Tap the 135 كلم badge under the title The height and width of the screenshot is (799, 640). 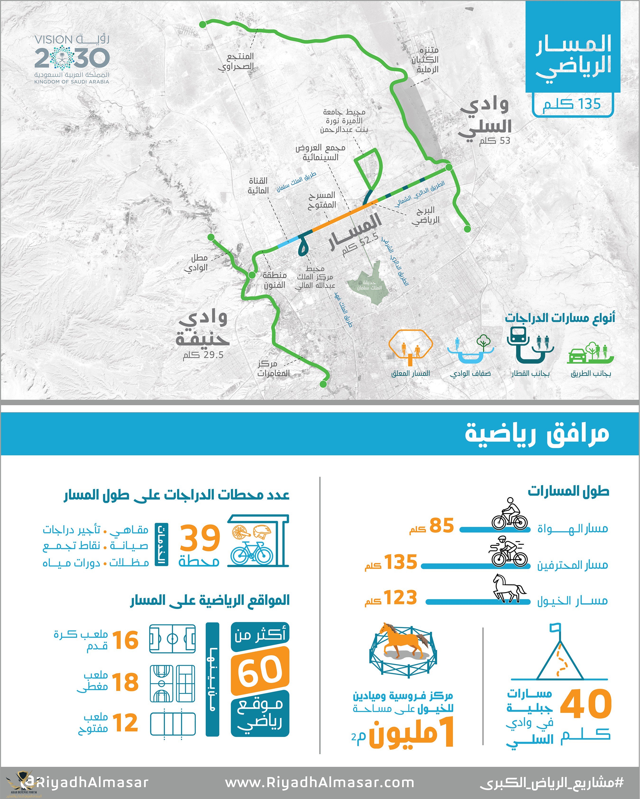572,105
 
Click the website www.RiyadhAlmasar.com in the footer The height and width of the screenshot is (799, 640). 320,782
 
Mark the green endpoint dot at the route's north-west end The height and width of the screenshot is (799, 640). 203,24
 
